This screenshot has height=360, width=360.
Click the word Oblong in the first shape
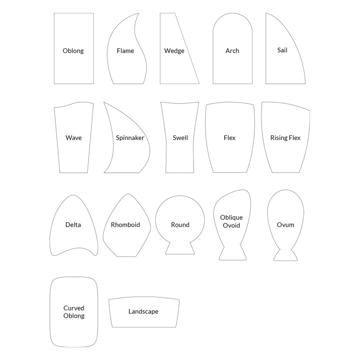coord(73,51)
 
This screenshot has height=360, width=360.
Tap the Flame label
coord(125,51)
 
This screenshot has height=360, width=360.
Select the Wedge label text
coord(174,51)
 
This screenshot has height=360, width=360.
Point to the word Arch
coord(232,51)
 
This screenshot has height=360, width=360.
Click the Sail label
coord(282,50)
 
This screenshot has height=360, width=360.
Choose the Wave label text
coord(73,138)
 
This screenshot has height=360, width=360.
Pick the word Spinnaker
coord(130,138)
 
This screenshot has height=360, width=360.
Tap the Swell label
coord(180,138)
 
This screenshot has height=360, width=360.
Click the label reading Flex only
coord(229,138)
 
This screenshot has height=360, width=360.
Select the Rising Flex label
coord(285,138)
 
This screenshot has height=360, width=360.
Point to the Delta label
coord(73,225)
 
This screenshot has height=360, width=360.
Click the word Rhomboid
coord(125,225)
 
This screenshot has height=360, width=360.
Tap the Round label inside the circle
coord(180,225)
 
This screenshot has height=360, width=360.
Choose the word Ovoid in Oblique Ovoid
coord(231,225)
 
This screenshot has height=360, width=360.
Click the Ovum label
coord(285,225)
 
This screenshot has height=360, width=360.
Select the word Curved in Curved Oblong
coord(74,308)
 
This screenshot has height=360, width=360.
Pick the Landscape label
coord(143,311)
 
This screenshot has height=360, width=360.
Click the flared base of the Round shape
coord(180,249)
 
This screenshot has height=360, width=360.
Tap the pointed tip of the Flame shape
coord(138,14)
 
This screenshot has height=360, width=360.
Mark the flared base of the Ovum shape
coord(286,255)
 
